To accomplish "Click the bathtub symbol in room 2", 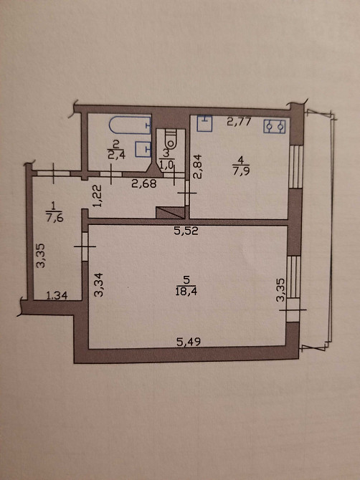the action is point(131,125).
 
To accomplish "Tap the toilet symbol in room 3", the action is point(171,139).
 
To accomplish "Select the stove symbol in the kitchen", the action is point(275,126).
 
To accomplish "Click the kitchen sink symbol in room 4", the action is point(204,123).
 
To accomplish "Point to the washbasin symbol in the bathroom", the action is point(143,149).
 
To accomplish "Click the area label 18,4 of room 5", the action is point(186,291).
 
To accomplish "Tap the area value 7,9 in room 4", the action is point(241,171).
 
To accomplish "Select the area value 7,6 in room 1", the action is point(54,218).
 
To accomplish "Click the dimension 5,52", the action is point(186,231).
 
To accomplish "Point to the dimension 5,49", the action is point(189,341).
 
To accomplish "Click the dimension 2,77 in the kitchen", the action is point(240,122).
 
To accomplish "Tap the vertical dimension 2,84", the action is point(197,166).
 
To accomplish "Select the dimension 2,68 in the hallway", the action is point(144,183).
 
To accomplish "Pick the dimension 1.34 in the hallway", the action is point(57,295).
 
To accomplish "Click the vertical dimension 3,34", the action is point(99,284).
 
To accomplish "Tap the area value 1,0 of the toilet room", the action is point(166,163).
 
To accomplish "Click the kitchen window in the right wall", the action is point(296,166).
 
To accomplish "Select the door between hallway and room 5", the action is point(85,246).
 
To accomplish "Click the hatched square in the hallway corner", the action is point(171,213).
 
